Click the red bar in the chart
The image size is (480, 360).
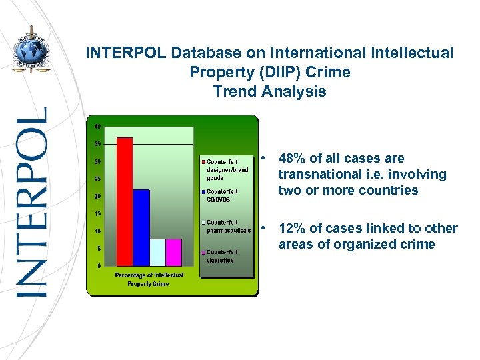click(125, 201)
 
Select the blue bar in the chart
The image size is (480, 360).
click(141, 227)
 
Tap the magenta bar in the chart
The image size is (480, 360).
click(173, 252)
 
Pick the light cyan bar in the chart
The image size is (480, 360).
click(157, 252)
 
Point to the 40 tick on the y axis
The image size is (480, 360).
click(97, 127)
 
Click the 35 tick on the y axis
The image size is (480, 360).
click(97, 144)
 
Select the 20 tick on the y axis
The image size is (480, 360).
click(97, 196)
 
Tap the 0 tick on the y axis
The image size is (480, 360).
click(99, 265)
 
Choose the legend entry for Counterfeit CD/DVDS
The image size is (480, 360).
click(222, 195)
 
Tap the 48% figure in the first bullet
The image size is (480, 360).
click(292, 159)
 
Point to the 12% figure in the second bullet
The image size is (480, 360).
click(292, 229)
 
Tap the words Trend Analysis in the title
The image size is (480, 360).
click(269, 92)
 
